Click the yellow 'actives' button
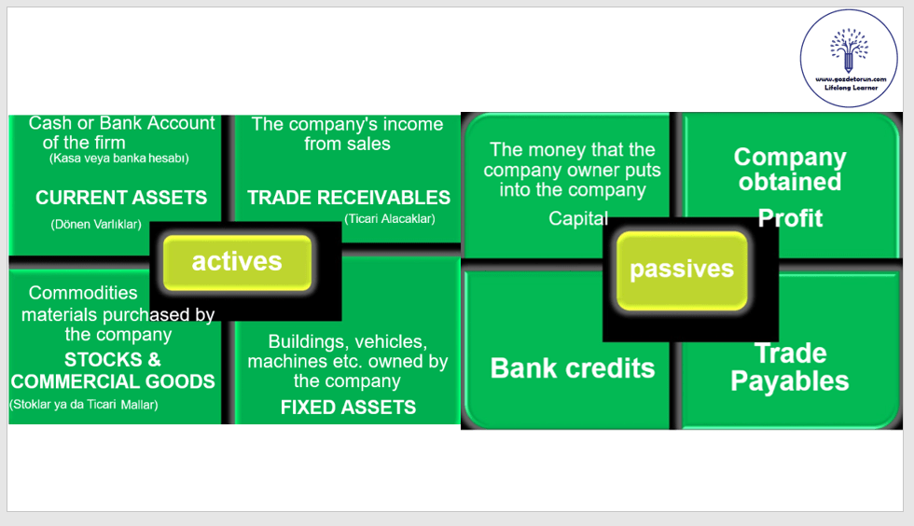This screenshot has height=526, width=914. click(x=237, y=262)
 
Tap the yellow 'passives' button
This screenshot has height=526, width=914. click(x=681, y=270)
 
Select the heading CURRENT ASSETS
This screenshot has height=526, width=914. click(x=121, y=198)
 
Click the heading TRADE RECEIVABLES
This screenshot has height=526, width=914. click(x=349, y=198)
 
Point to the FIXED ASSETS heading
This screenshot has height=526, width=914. click(x=349, y=407)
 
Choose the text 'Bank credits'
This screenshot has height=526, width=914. click(x=573, y=367)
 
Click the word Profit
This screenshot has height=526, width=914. click(x=790, y=218)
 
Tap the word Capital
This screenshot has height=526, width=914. click(x=578, y=218)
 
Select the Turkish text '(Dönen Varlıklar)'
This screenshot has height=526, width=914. click(x=96, y=224)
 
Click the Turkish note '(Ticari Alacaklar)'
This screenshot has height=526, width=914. click(x=389, y=219)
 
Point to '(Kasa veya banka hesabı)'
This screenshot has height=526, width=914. click(x=119, y=159)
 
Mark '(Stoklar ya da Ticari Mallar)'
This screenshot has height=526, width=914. click(x=84, y=405)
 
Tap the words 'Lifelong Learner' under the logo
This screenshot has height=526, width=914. click(x=849, y=86)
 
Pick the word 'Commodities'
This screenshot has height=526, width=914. click(x=83, y=293)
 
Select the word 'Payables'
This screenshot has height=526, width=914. click(x=790, y=381)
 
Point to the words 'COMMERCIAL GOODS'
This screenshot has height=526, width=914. click(x=113, y=381)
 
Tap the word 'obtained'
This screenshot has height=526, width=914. click(x=790, y=181)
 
